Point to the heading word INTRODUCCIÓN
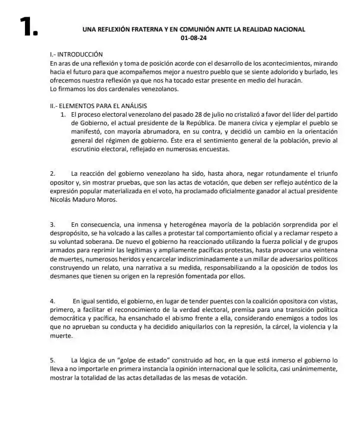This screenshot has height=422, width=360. (x=80, y=55)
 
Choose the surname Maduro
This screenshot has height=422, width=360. (x=88, y=199)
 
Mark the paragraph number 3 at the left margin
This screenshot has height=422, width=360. (x=52, y=224)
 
